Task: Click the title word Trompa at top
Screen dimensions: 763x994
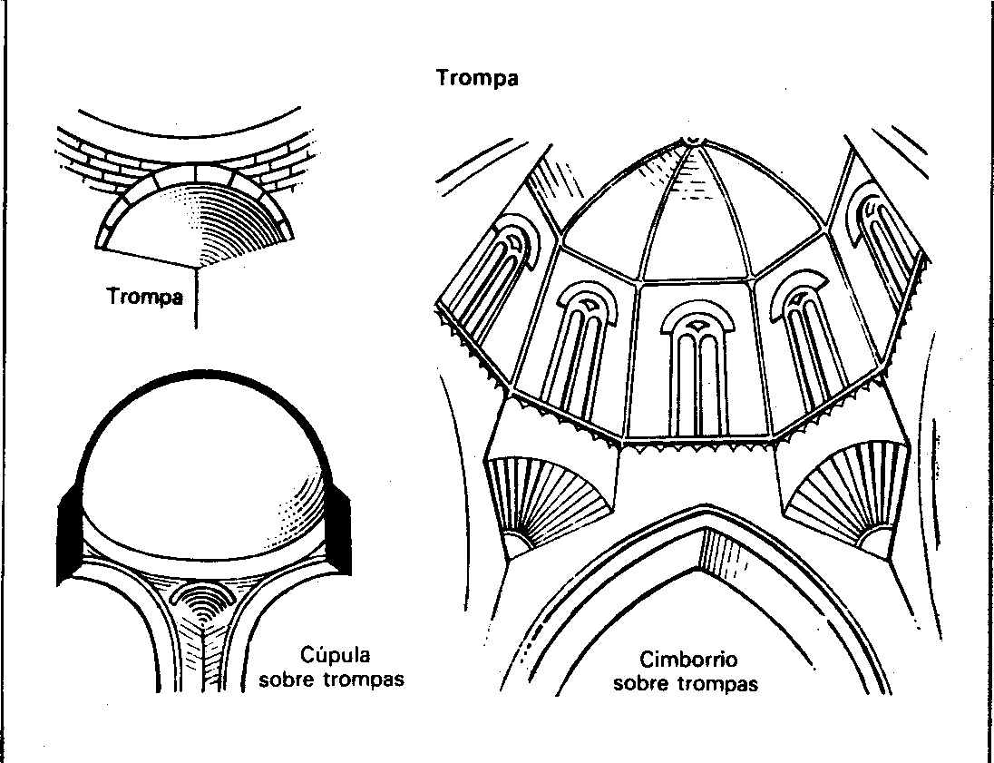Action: click(477, 78)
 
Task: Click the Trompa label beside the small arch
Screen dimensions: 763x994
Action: click(144, 297)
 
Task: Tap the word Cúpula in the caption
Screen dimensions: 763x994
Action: click(335, 655)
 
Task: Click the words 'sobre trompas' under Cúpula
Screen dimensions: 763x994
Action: click(331, 680)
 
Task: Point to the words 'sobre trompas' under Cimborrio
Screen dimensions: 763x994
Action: click(686, 684)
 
